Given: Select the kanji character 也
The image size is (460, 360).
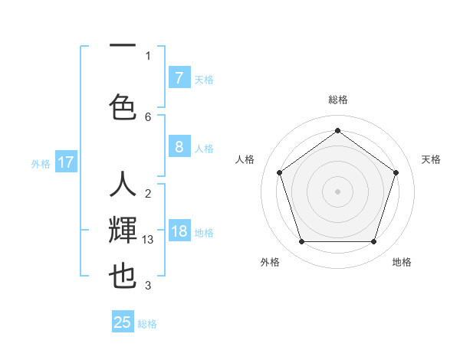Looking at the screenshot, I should pyautogui.click(x=123, y=276).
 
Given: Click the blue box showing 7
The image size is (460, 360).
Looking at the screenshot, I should pyautogui.click(x=179, y=78).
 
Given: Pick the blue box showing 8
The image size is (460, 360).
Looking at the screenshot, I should pyautogui.click(x=179, y=147).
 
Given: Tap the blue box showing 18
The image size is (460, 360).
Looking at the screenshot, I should pyautogui.click(x=179, y=231).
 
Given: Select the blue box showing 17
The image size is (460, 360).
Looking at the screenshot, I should pyautogui.click(x=66, y=162).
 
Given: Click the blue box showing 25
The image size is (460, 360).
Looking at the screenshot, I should pyautogui.click(x=123, y=322).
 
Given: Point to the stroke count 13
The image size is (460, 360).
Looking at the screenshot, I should pyautogui.click(x=149, y=240).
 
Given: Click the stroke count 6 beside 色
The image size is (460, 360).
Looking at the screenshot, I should pyautogui.click(x=148, y=116).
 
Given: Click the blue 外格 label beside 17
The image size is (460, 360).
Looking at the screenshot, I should pyautogui.click(x=40, y=163).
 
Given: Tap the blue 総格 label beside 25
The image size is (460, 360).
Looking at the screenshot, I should pyautogui.click(x=148, y=324).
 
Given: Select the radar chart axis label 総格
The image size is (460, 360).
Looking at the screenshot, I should pyautogui.click(x=337, y=100).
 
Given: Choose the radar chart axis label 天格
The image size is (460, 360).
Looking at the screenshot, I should pyautogui.click(x=431, y=159).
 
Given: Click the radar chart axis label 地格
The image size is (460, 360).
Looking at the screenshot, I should pyautogui.click(x=402, y=262).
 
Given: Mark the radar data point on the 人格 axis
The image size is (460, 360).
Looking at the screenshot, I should pyautogui.click(x=279, y=172).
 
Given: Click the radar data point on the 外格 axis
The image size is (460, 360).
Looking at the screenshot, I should pyautogui.click(x=301, y=242).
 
